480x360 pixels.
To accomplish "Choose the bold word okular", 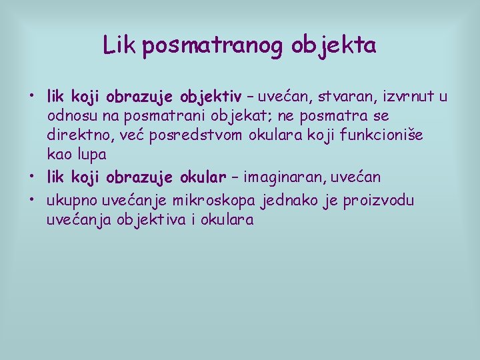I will [x=203, y=177].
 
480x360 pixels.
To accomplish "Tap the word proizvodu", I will [x=379, y=201].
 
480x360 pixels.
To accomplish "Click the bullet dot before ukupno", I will [x=31, y=199].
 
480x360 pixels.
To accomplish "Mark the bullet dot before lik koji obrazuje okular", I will [x=31, y=175].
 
